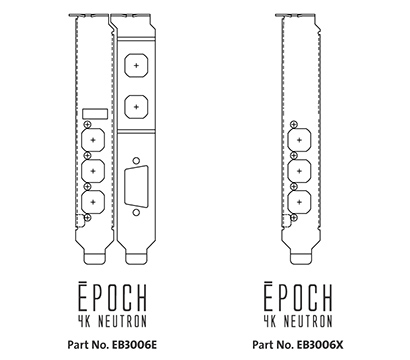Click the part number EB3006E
[x=113, y=346]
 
